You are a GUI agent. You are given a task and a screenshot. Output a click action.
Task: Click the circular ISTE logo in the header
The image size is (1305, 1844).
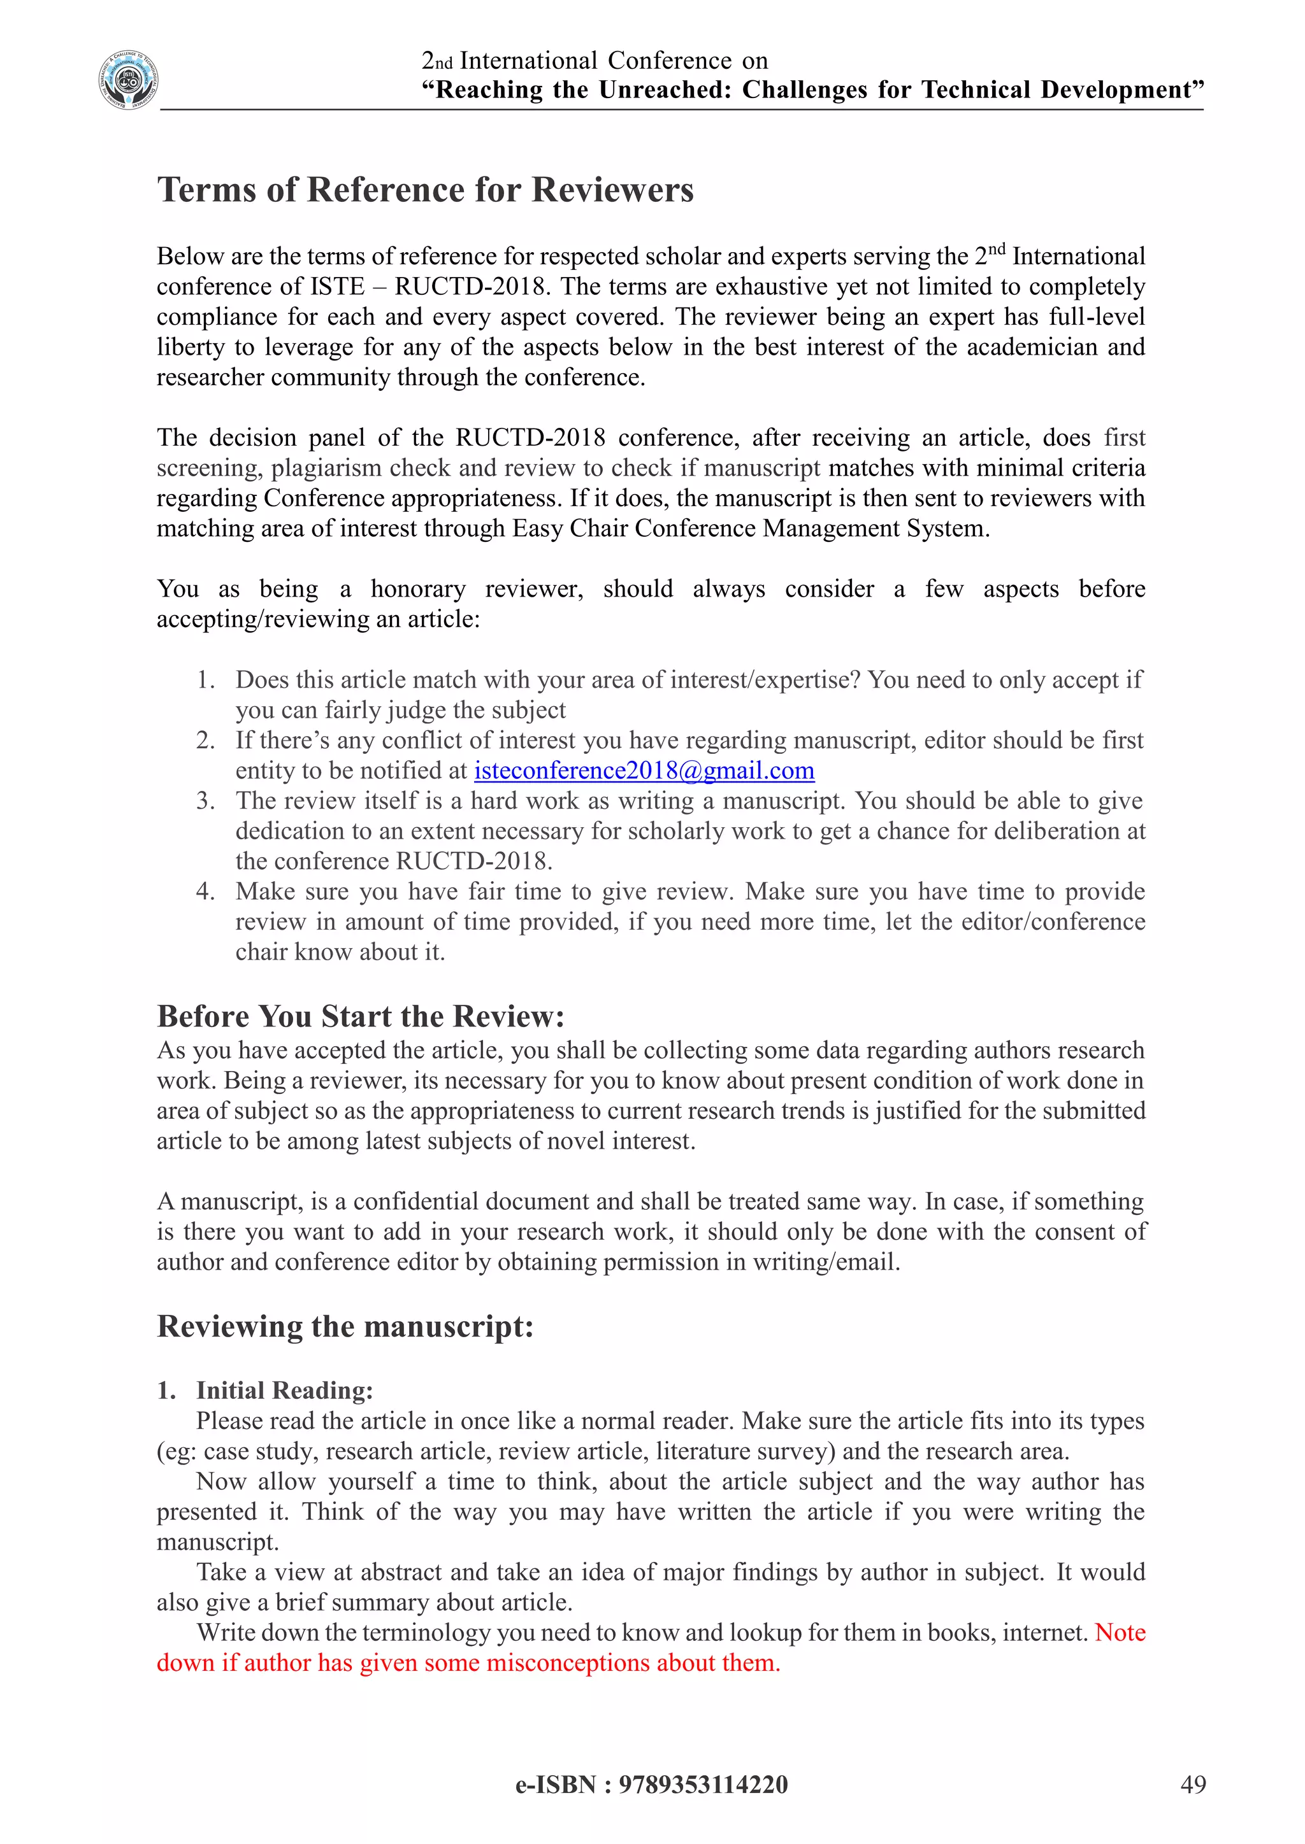pos(129,80)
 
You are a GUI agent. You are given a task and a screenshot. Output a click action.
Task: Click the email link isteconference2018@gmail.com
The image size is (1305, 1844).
pos(644,770)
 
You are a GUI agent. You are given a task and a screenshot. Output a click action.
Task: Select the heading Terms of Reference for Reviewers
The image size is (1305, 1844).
pos(425,190)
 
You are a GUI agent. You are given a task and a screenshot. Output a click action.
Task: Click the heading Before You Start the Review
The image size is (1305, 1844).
pos(361,1016)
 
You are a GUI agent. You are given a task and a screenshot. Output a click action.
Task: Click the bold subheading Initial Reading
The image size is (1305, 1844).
pos(284,1390)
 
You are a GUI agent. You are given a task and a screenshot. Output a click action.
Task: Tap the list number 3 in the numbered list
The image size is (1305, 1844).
pos(205,801)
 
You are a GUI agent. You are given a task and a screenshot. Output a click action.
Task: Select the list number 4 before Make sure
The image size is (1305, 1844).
pos(205,891)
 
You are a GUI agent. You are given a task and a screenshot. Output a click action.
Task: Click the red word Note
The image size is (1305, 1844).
pos(1120,1633)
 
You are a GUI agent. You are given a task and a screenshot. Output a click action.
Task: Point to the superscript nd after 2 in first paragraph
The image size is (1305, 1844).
pos(997,249)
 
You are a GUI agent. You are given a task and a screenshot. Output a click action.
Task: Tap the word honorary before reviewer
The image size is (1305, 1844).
pos(418,589)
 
